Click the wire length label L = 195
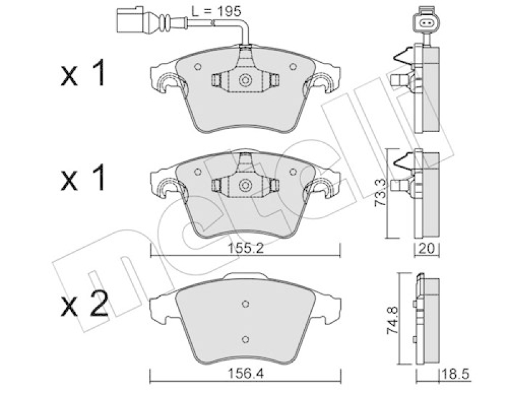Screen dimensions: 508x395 [x=216, y=11]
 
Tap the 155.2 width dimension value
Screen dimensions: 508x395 [x=246, y=248]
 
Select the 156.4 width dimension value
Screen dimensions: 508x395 [x=246, y=373]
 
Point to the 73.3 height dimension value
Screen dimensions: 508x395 [x=381, y=194]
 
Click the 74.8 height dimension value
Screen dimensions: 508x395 [x=393, y=321]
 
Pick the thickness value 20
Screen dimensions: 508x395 [x=427, y=248]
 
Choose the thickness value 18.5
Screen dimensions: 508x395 [x=456, y=374]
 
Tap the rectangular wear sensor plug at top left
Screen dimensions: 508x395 [x=131, y=20]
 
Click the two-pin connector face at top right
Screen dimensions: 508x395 [x=425, y=23]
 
